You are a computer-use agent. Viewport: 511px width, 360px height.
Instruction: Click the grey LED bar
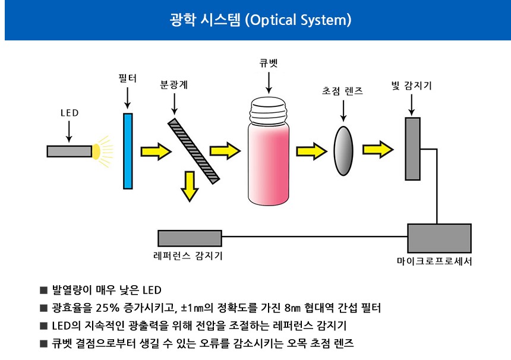pyautogui.click(x=69, y=151)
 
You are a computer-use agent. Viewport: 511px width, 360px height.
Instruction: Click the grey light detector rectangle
pyautogui.click(x=412, y=149)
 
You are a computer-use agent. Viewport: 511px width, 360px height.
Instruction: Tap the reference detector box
pyautogui.click(x=190, y=238)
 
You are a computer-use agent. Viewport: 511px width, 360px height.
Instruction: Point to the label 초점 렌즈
pyautogui.click(x=342, y=91)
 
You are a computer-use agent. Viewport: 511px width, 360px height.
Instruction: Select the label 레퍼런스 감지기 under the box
pyautogui.click(x=188, y=255)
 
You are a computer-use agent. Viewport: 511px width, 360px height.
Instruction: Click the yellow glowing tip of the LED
pyautogui.click(x=96, y=151)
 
